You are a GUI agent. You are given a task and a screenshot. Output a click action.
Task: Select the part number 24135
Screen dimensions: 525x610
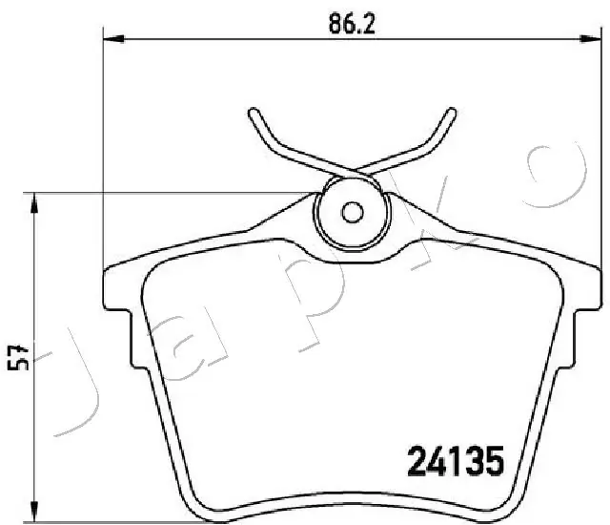(x=454, y=464)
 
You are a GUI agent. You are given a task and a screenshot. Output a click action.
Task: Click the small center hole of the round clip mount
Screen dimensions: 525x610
(x=352, y=213)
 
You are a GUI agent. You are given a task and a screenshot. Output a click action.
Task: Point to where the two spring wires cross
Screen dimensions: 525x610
(x=352, y=172)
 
